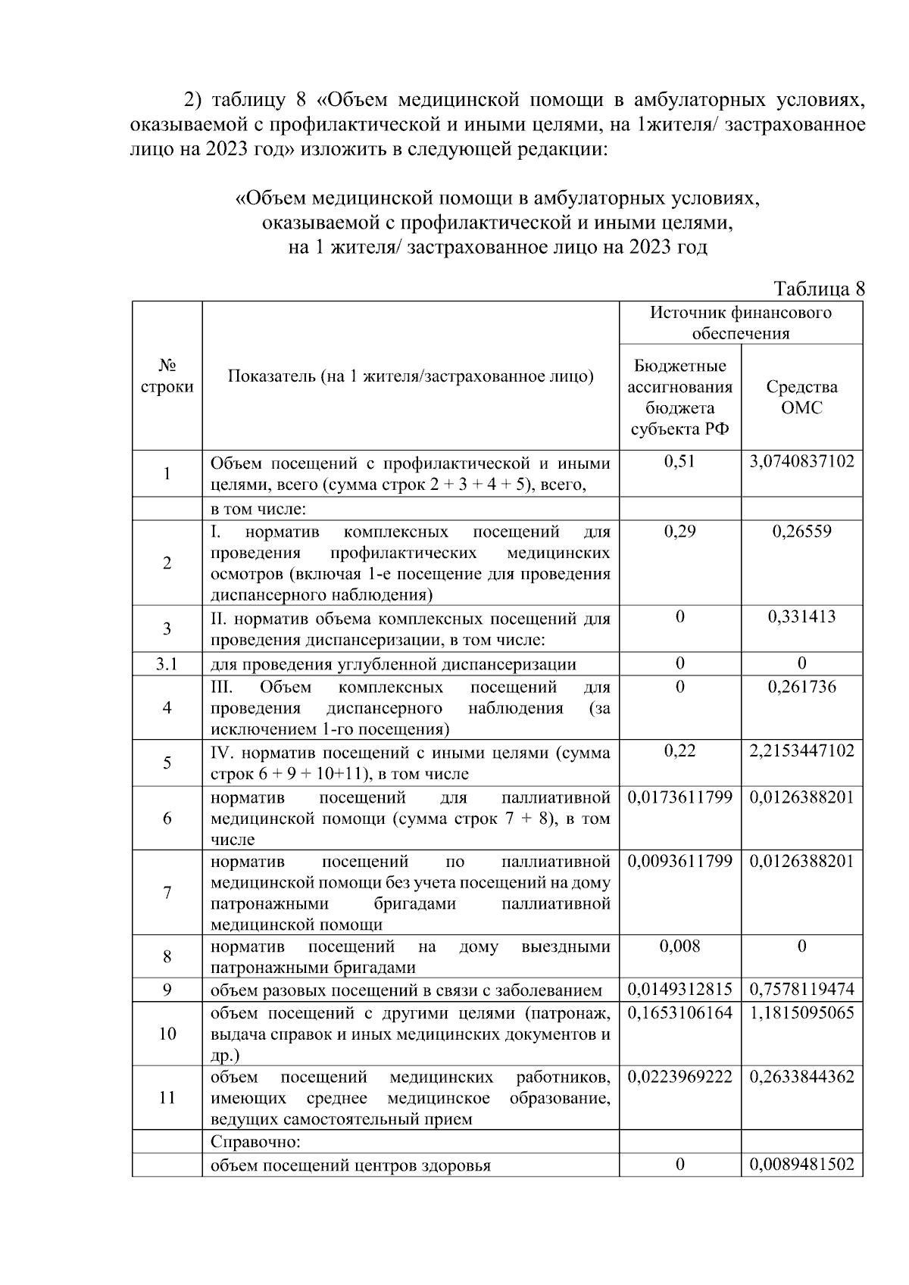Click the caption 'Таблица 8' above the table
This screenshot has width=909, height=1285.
818,289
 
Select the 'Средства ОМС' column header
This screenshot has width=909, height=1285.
801,397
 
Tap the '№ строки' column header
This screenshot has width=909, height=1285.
167,376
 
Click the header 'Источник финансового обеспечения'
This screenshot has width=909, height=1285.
740,323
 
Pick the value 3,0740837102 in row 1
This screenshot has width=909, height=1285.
801,461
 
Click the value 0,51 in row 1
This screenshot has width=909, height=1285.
679,461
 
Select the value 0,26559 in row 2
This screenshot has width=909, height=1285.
801,531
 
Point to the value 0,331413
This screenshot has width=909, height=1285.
801,616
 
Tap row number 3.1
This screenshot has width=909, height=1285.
167,664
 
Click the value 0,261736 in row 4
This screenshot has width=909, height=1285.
801,687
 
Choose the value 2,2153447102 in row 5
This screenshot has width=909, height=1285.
801,750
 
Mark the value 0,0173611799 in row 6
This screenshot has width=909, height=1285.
679,797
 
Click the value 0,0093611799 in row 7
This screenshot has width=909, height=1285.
679,861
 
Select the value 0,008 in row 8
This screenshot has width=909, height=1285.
679,946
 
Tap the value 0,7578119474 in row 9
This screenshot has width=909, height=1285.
801,990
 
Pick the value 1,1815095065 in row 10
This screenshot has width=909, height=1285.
801,1012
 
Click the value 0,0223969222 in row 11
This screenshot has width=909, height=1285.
679,1076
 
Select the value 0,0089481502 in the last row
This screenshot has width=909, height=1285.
801,1165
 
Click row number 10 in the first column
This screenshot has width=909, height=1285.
167,1034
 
